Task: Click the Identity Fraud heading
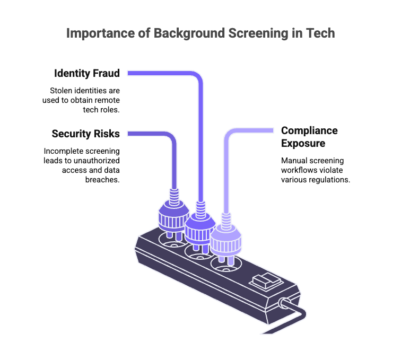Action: point(86,73)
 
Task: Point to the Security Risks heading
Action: point(86,134)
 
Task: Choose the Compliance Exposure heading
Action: point(309,137)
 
